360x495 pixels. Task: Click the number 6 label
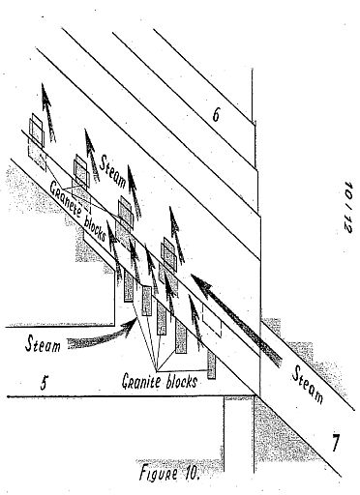[x=217, y=115]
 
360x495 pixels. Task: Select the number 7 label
[x=335, y=443]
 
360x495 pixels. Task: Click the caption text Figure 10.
[x=169, y=473]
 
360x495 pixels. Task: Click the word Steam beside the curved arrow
[x=44, y=344]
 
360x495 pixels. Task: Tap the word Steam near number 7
[x=308, y=384]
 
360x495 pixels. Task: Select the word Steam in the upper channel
[x=113, y=171]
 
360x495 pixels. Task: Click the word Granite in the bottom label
[x=141, y=381]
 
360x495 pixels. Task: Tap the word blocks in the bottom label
[x=181, y=381]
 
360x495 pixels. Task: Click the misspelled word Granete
[x=65, y=196]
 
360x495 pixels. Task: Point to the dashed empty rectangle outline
[x=212, y=320]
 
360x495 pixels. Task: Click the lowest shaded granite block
[x=211, y=364]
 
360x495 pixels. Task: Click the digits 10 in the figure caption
[x=190, y=472]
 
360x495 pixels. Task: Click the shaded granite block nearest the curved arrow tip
[x=147, y=301]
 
